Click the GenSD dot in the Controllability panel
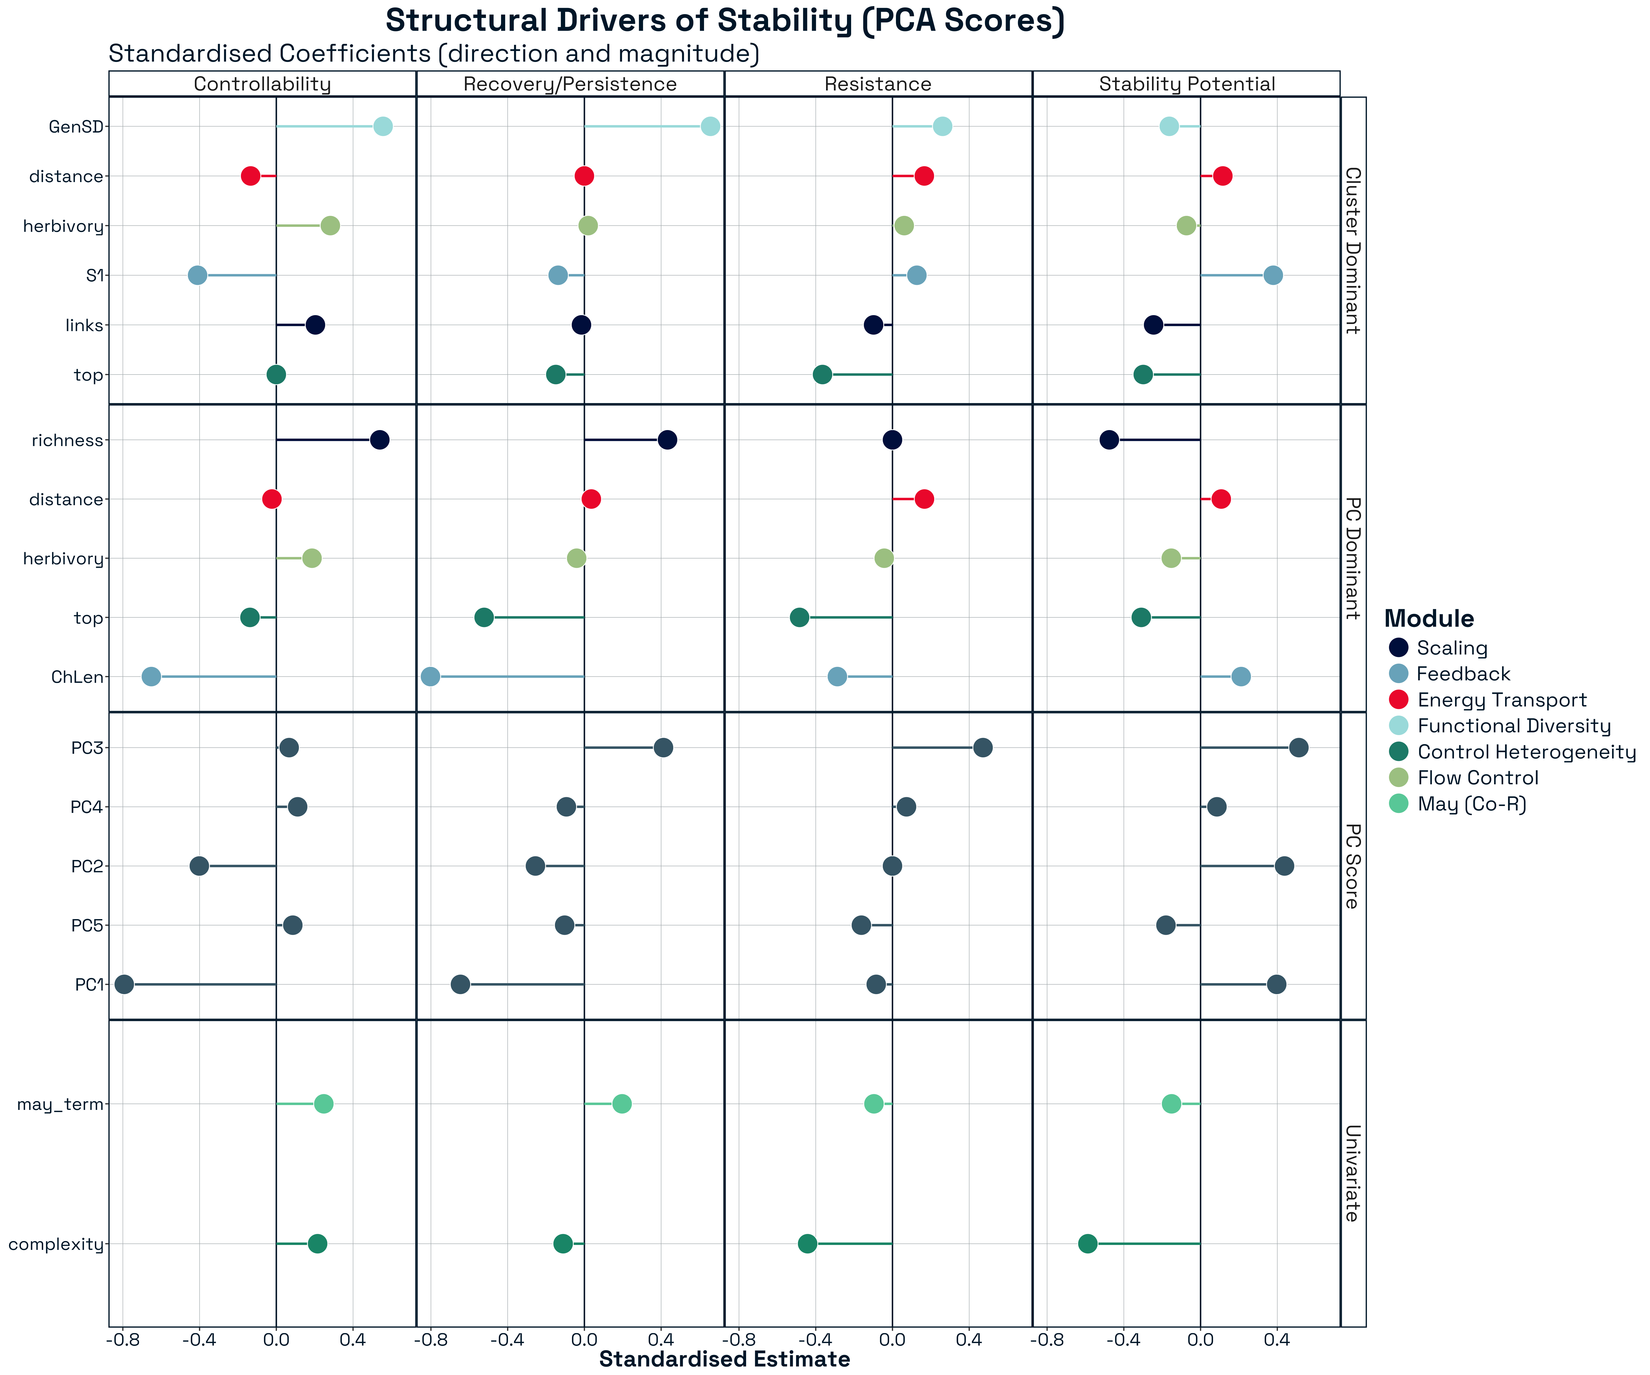pos(383,127)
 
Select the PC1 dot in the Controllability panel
pos(124,985)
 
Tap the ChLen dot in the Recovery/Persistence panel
pos(431,676)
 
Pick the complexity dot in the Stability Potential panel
pos(1087,1244)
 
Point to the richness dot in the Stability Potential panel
pos(1109,440)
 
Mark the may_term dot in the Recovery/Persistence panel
pos(621,1104)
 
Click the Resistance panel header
pos(878,84)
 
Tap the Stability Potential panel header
pos(1186,84)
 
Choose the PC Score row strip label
pos(1352,866)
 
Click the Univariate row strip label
pos(1352,1173)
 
